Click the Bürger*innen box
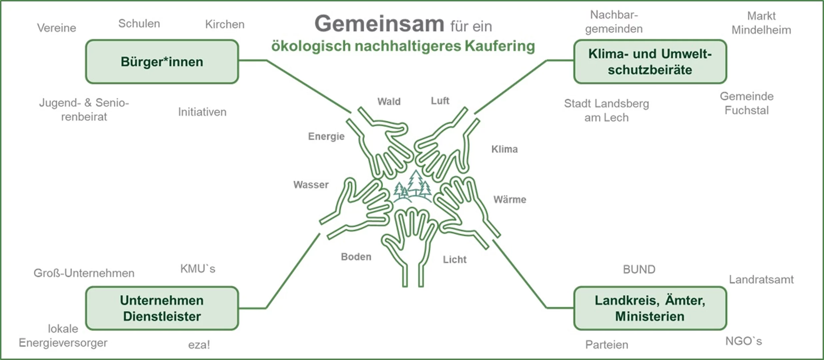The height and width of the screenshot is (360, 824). tap(162, 62)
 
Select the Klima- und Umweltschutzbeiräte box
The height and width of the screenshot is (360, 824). tap(650, 62)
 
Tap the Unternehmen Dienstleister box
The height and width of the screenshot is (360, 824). tap(162, 308)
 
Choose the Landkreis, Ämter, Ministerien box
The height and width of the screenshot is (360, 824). tap(650, 308)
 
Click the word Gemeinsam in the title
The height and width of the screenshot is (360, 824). tap(379, 24)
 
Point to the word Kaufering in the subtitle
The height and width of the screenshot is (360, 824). tap(500, 46)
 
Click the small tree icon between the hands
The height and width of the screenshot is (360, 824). tap(413, 187)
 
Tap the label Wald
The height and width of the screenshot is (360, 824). tap(389, 101)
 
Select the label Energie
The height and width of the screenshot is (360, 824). tap(326, 136)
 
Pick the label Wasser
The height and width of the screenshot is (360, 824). tap(311, 185)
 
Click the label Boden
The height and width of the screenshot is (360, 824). tap(356, 257)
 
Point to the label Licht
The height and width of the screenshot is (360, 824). tap(454, 259)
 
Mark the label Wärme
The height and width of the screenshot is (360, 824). tap(510, 199)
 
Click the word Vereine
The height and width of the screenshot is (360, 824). tap(57, 28)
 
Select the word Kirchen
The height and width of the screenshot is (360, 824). tap(225, 24)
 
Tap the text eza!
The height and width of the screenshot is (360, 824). tap(199, 345)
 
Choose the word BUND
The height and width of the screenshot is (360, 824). tap(639, 269)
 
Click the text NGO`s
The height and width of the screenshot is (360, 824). tap(744, 341)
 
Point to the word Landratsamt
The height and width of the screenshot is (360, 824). tap(761, 279)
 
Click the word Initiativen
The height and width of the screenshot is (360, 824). tap(202, 112)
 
